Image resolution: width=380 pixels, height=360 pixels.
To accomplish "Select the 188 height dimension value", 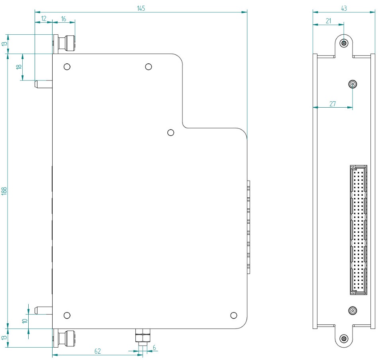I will click(x=4, y=191).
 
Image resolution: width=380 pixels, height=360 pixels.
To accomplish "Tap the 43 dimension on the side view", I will click(x=343, y=8).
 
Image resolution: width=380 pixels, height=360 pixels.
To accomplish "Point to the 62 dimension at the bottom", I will click(x=97, y=351).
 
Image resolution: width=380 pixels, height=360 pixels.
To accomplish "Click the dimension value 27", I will click(x=333, y=104).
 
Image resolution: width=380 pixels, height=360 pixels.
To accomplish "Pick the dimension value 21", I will click(x=328, y=21).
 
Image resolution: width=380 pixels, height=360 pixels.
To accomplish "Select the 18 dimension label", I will click(x=19, y=67).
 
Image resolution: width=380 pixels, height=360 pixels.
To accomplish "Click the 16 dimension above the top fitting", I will click(x=64, y=18).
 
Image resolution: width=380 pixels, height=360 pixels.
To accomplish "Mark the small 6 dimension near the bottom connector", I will click(x=154, y=347).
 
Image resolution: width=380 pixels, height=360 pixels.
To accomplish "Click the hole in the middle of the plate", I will click(x=171, y=132).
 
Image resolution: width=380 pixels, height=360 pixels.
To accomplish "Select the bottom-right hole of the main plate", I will click(x=234, y=315).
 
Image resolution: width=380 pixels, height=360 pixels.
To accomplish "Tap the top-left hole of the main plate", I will click(x=67, y=66).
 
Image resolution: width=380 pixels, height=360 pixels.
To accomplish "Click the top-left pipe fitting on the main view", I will click(x=66, y=43).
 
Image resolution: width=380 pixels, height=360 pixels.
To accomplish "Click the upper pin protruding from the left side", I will click(x=43, y=84).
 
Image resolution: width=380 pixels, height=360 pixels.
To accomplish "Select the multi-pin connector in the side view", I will click(x=358, y=230).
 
